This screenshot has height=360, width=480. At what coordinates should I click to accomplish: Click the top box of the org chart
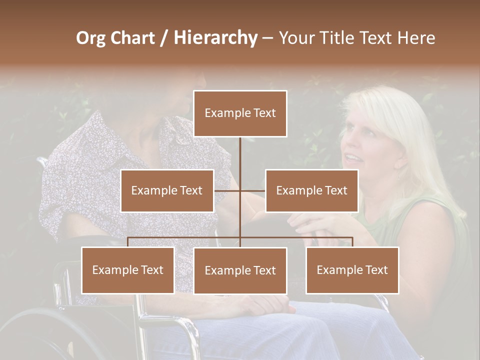tap(240, 113)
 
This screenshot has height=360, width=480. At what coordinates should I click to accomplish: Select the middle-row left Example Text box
tap(167, 190)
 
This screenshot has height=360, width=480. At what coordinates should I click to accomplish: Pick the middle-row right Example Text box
tap(311, 190)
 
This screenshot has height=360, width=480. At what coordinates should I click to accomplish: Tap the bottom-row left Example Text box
tap(128, 270)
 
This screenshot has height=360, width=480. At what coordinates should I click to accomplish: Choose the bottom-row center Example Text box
tap(240, 270)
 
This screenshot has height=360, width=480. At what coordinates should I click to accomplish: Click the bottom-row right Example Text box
tap(352, 270)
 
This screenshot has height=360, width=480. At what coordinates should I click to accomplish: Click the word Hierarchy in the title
tap(215, 37)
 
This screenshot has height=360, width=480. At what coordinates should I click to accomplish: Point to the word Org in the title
tap(91, 38)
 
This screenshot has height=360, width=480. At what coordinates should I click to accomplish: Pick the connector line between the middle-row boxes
tap(240, 190)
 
